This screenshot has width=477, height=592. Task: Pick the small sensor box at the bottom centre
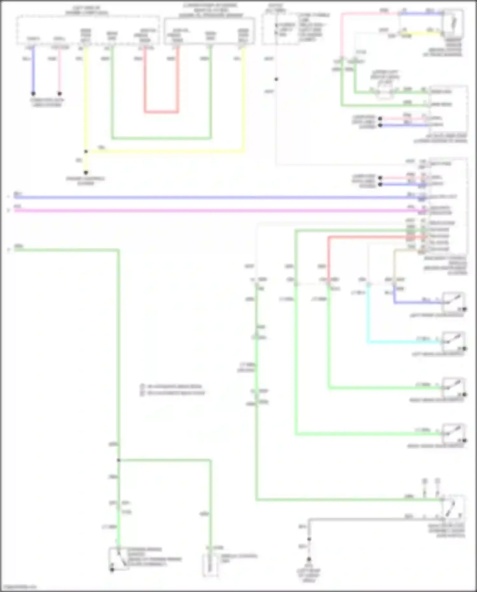click(210, 565)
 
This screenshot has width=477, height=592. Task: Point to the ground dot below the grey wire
click(309, 559)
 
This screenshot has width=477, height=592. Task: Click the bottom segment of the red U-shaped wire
click(161, 112)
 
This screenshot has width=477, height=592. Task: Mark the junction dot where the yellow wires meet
click(86, 152)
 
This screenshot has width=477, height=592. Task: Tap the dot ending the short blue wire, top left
click(33, 94)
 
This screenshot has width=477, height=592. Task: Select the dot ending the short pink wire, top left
click(59, 94)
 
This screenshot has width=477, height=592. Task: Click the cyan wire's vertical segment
click(368, 315)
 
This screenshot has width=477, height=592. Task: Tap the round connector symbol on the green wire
click(384, 92)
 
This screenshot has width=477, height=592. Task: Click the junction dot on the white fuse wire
click(276, 79)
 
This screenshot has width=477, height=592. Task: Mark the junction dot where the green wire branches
click(118, 460)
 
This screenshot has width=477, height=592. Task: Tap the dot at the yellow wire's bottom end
click(86, 172)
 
